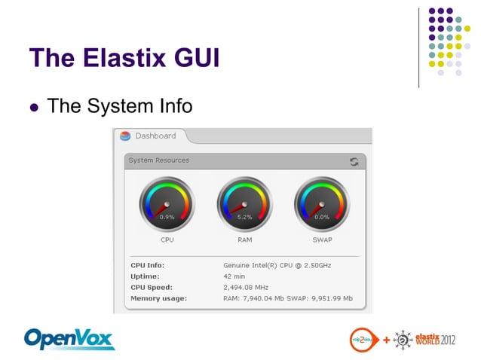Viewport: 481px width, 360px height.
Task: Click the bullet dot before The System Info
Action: coord(33,107)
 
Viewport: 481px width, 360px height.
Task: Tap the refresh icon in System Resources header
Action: coord(354,161)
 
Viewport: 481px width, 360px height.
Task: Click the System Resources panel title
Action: coord(159,160)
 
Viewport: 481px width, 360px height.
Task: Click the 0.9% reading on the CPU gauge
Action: coord(167,217)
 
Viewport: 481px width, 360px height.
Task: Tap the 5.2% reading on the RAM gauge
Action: coord(244,217)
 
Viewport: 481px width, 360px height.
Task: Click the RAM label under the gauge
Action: coord(244,240)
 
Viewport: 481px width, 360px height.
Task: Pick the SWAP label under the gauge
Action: coord(322,240)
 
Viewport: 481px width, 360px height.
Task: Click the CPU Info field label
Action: coord(147,265)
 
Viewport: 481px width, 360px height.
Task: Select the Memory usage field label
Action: coord(158,299)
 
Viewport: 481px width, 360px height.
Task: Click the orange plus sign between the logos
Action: coord(386,340)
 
